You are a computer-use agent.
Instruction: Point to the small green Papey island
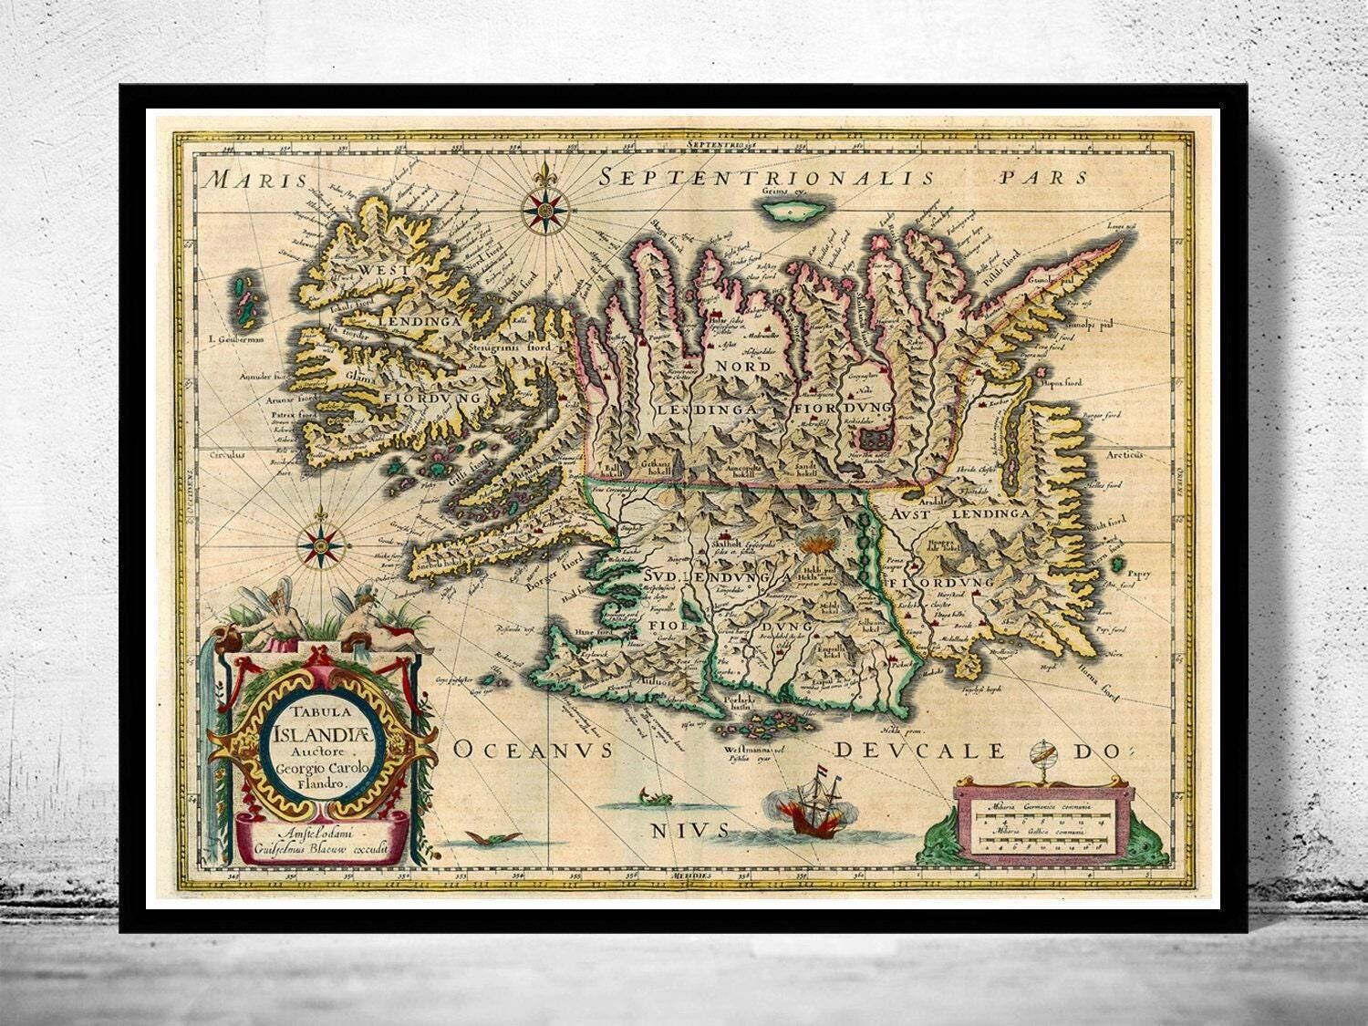click(x=1120, y=565)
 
